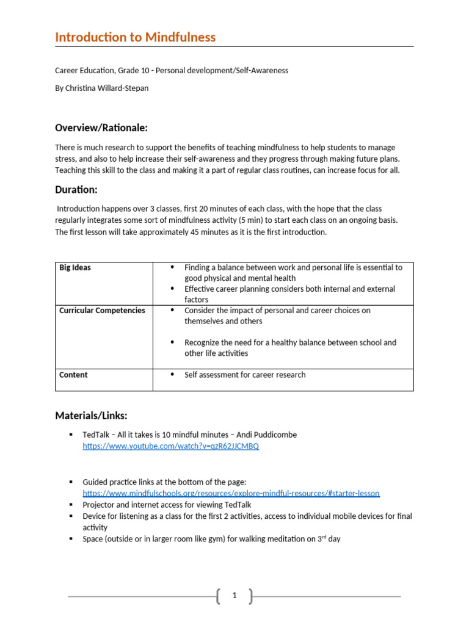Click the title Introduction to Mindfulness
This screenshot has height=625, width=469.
[135, 37]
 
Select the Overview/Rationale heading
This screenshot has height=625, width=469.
[101, 128]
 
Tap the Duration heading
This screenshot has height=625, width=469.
[76, 190]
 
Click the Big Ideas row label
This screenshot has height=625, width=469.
[75, 267]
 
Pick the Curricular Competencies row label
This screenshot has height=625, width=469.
[102, 310]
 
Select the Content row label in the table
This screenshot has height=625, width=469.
[73, 375]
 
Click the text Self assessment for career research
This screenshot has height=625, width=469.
[245, 375]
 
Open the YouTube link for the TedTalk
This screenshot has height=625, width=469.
[170, 446]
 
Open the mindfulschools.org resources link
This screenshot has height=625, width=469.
[231, 493]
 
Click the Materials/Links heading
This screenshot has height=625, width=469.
[91, 416]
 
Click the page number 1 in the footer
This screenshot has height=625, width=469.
[234, 596]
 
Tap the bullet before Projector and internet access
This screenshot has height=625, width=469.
[71, 505]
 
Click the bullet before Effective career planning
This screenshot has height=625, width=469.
[172, 289]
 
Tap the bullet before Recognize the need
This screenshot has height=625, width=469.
[172, 342]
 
